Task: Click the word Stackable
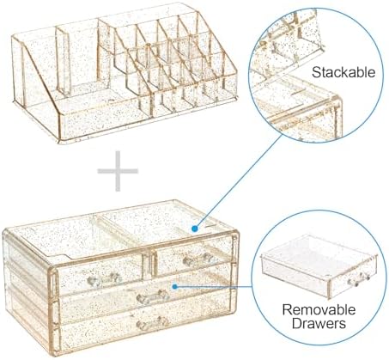pos(343,72)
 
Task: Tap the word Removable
pos(319,309)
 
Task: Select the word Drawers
pos(319,323)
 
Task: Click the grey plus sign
pos(118,171)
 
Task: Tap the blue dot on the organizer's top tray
pos(195,229)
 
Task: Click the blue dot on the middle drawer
pos(175,286)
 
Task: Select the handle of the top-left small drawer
pos(105,279)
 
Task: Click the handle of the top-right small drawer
pos(198,259)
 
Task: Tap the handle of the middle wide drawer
pos(153,297)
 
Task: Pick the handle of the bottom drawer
pos(152,323)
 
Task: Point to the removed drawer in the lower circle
pos(319,265)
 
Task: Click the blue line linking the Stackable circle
pos(240,180)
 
